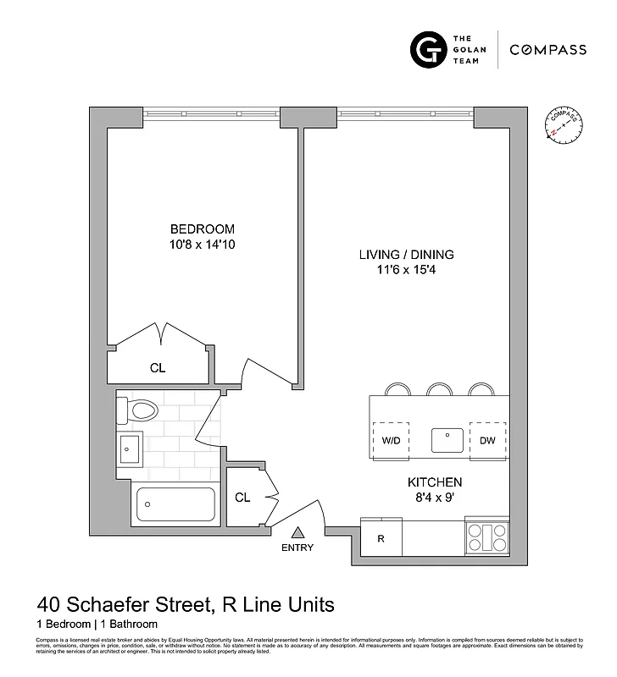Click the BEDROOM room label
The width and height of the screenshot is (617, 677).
[x=202, y=228]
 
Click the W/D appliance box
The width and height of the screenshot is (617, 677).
[x=391, y=440]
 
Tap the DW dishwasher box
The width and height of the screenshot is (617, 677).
[x=487, y=440]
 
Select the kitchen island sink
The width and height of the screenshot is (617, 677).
[x=445, y=440]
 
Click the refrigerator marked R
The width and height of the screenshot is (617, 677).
[x=381, y=538]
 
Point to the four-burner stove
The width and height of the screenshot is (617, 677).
[x=486, y=538]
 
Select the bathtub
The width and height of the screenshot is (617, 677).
[x=175, y=504]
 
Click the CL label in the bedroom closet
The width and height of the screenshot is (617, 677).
[x=157, y=368]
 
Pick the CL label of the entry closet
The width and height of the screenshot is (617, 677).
[x=242, y=498]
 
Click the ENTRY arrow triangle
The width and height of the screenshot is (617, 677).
[x=297, y=532]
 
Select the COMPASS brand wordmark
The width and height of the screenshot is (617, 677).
[x=548, y=50]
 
